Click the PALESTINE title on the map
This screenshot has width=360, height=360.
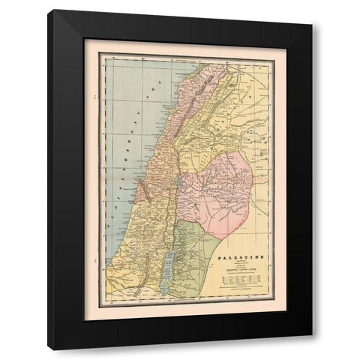point(241,257)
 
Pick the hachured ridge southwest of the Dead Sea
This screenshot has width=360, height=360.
point(154,289)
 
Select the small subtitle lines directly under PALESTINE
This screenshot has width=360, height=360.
point(241,264)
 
